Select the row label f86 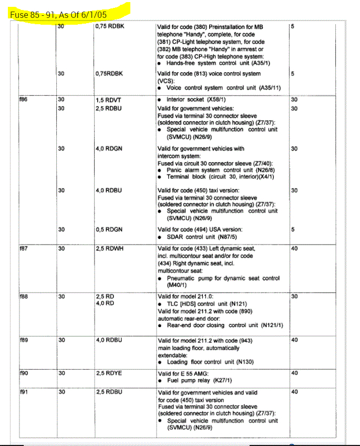(x=23, y=99)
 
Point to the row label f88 (x=23, y=297)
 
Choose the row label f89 (x=23, y=340)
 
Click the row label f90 (x=23, y=373)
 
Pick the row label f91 (x=23, y=392)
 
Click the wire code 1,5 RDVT (x=109, y=99)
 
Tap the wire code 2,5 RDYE (x=109, y=373)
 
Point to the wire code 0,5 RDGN (x=109, y=229)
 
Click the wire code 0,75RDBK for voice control (x=109, y=74)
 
